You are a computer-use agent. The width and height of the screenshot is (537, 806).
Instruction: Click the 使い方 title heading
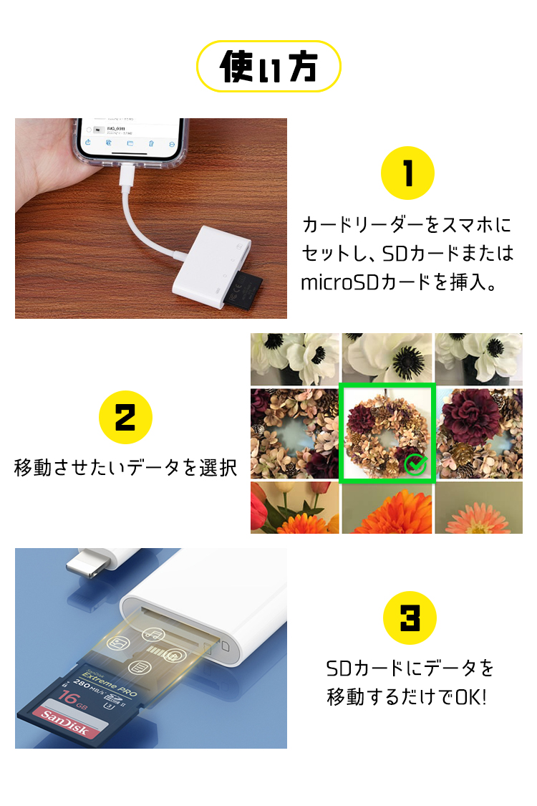coord(268,66)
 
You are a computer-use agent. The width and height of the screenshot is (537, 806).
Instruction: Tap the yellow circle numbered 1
coord(408,173)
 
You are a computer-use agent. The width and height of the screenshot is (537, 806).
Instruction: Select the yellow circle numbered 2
coord(125,417)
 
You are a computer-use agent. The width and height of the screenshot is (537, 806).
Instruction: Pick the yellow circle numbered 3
coord(410,618)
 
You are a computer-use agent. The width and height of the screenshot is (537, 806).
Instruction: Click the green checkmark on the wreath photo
coord(415,464)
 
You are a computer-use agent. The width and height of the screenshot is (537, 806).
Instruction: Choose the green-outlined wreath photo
coord(387,433)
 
